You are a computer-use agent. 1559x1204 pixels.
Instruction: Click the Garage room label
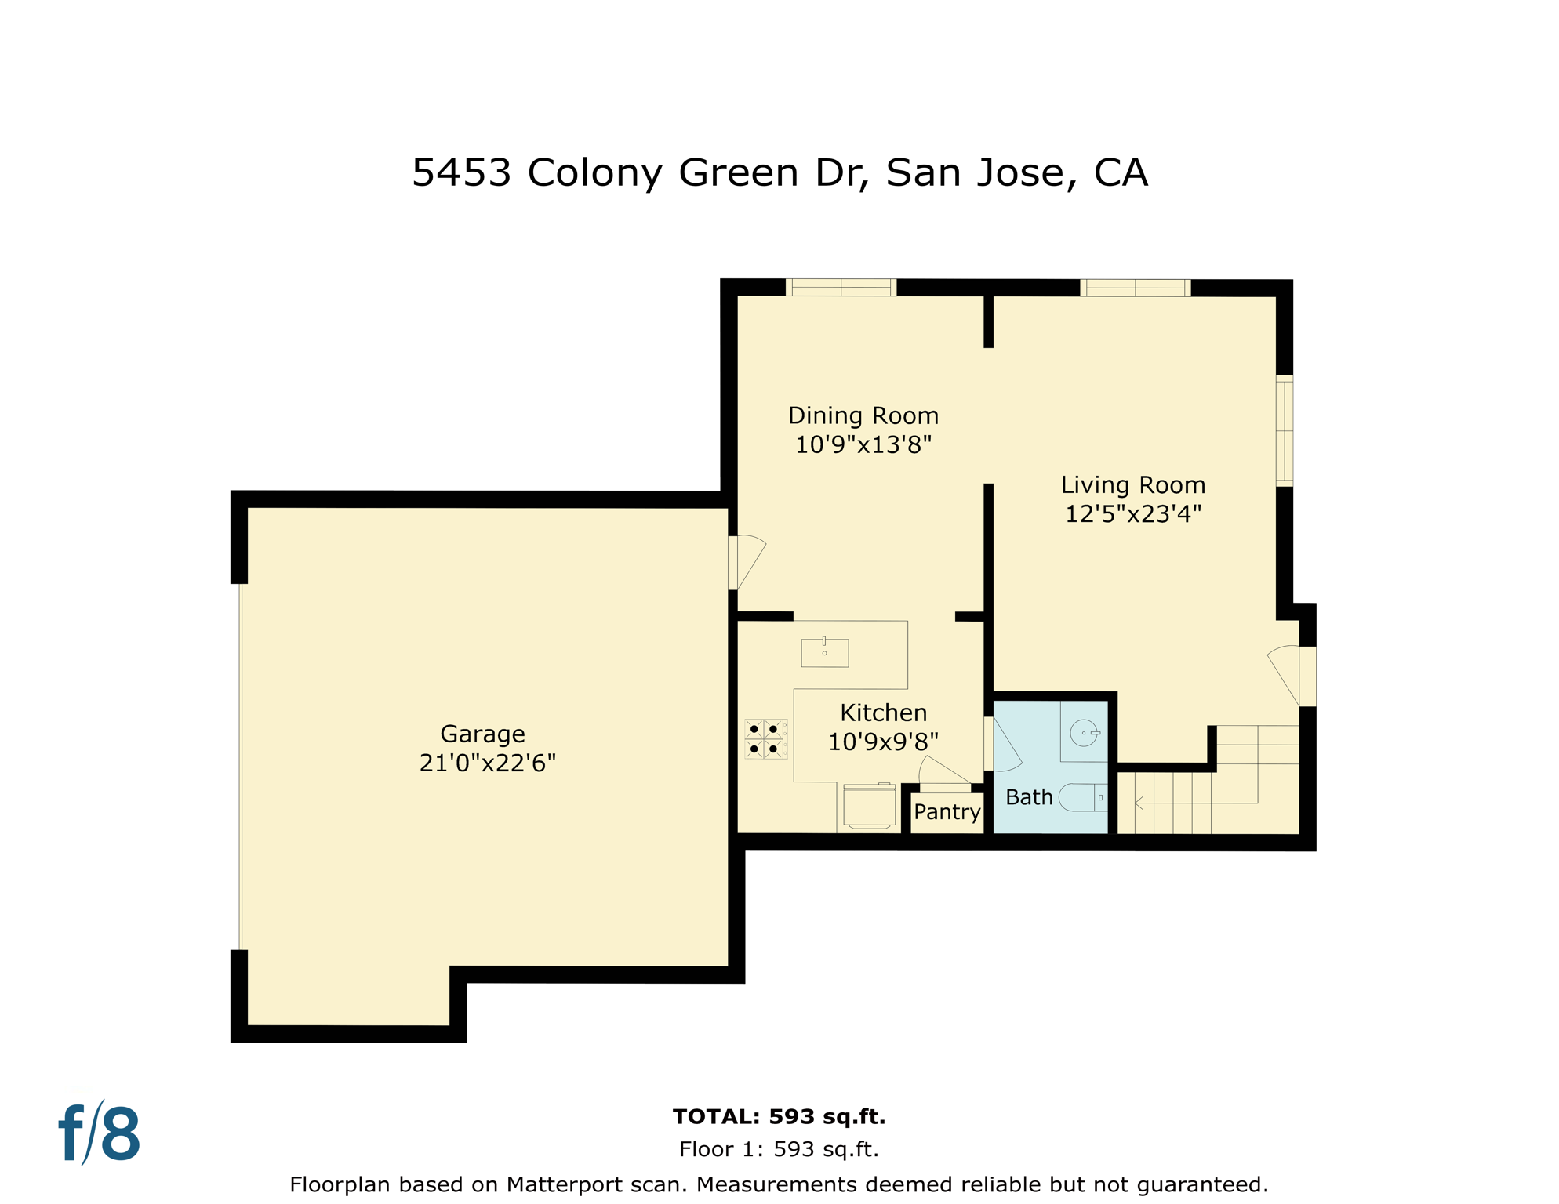click(482, 734)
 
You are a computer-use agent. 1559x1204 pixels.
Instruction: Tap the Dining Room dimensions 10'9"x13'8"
click(863, 444)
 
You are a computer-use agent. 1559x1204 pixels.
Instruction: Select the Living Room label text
click(1132, 485)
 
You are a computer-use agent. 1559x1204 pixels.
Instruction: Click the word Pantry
click(947, 811)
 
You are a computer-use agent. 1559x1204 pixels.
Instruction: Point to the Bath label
click(1028, 797)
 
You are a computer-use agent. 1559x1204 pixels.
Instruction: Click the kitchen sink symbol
click(824, 652)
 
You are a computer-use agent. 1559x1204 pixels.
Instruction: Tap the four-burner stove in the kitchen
click(765, 739)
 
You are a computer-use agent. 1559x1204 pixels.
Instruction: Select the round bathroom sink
click(1084, 733)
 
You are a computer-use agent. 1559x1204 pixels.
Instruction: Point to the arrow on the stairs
click(1139, 803)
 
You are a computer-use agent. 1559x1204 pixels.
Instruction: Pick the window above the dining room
click(841, 288)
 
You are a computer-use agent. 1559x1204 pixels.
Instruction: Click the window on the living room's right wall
click(1284, 430)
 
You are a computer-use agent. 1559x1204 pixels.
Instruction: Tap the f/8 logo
click(100, 1133)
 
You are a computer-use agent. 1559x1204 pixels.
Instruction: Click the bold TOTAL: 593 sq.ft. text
click(779, 1116)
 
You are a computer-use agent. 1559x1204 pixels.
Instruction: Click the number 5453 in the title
click(461, 172)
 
